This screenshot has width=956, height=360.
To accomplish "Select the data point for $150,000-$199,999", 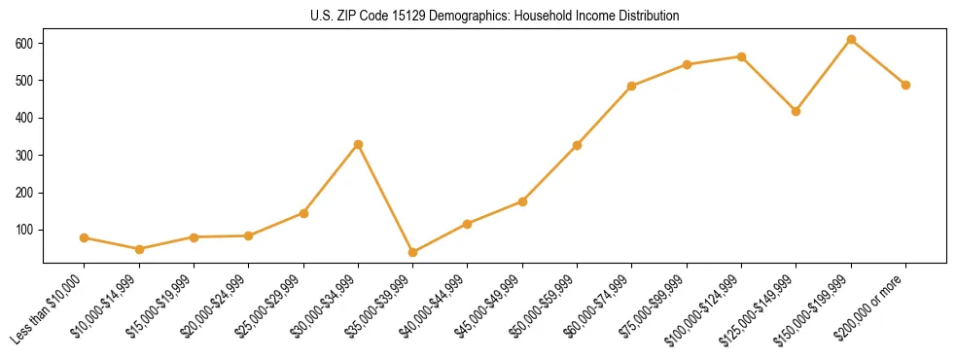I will pos(851,40).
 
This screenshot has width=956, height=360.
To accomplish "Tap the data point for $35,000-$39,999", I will pos(412,252).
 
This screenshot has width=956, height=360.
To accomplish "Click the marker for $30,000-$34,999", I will pos(358,144).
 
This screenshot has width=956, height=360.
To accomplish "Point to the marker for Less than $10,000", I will pos(84,237).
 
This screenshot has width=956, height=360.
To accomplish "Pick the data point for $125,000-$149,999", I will pos(797,111).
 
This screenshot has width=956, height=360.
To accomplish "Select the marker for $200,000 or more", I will pos(905,85).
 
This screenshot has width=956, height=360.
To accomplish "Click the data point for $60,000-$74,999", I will pos(632,86).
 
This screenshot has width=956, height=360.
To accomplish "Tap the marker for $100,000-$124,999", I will pos(741,56).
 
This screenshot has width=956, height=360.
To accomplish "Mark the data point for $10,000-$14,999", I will pos(139,249).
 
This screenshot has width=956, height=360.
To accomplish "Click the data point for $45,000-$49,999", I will pos(522,201).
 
